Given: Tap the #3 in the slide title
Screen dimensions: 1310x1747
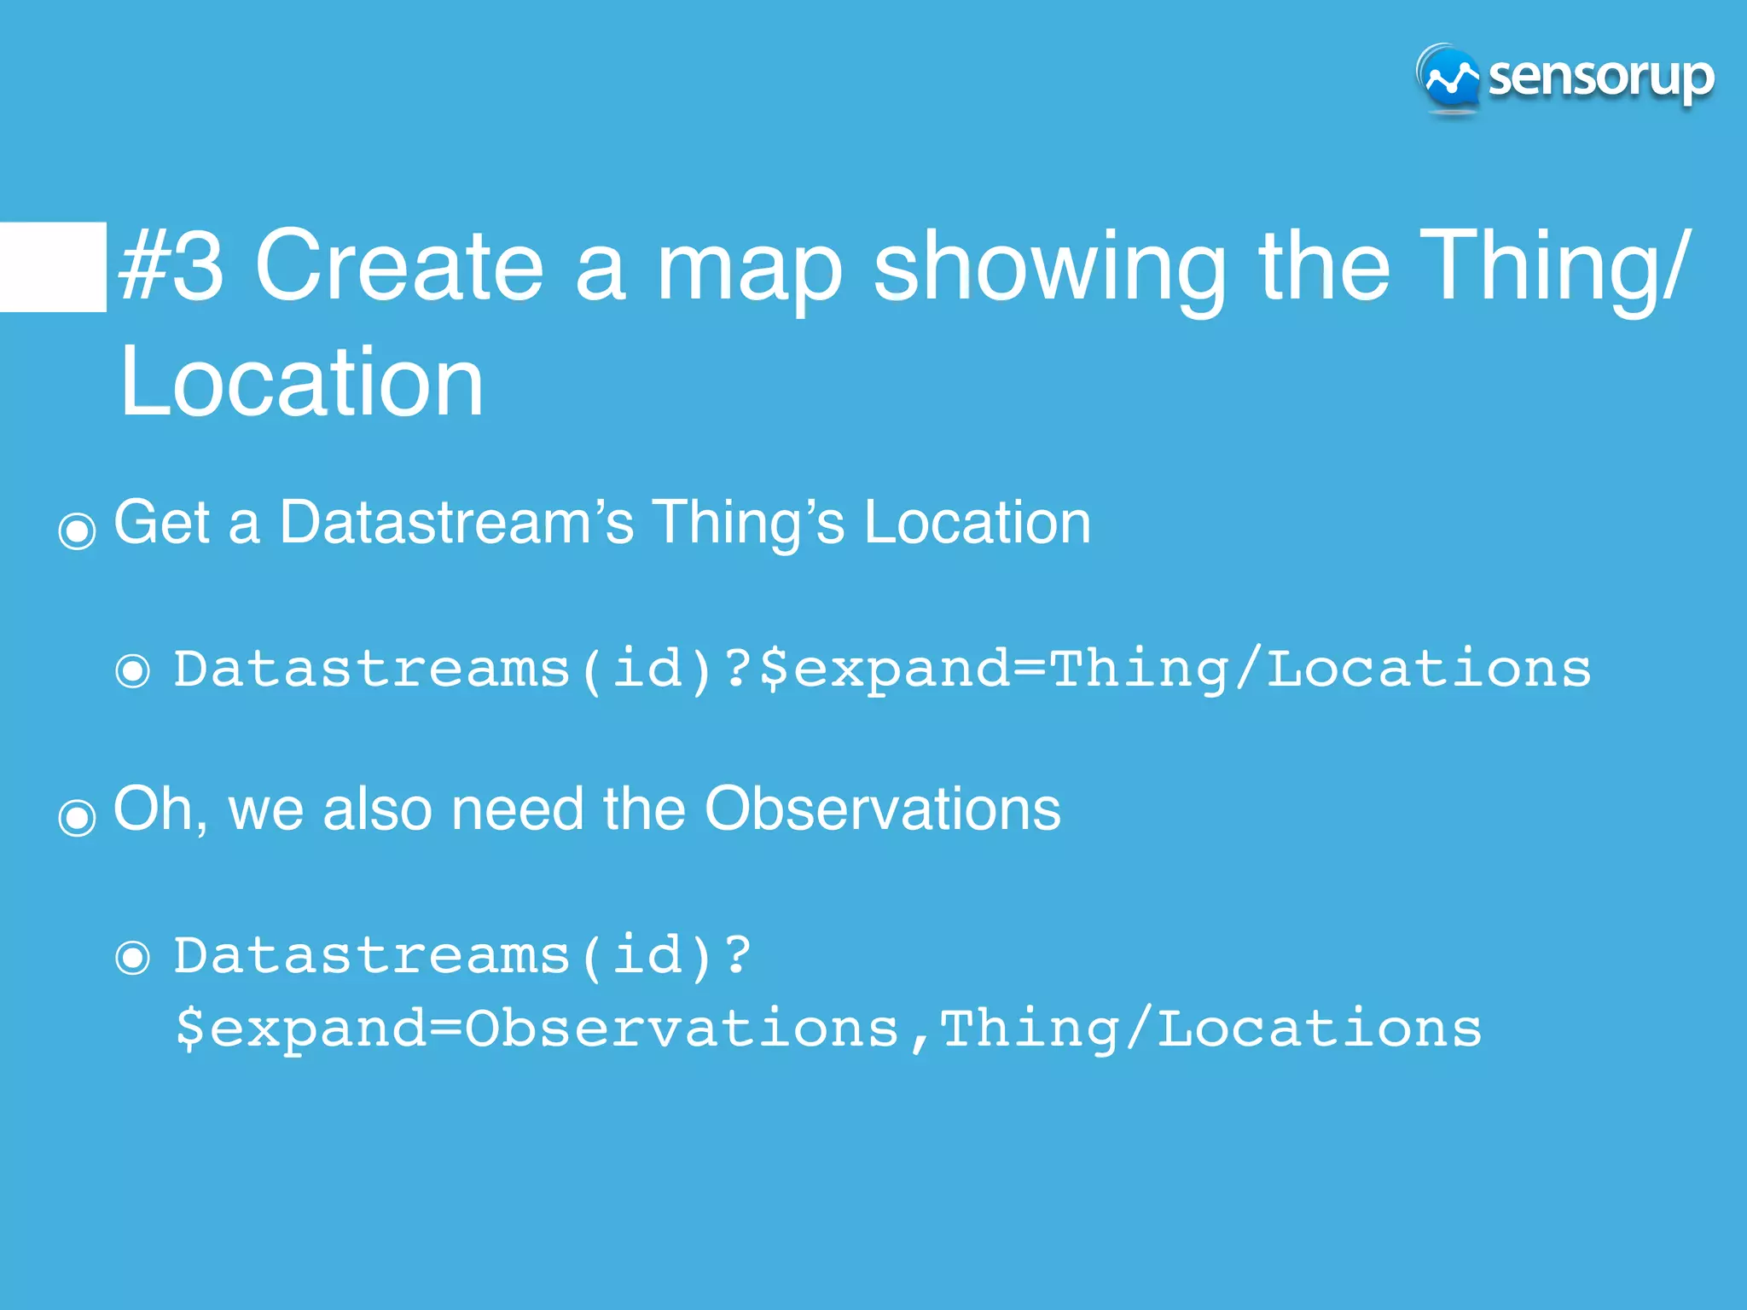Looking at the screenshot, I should (171, 266).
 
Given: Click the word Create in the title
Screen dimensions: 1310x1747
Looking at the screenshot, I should (399, 266).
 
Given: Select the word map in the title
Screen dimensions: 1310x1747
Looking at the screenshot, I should (749, 271).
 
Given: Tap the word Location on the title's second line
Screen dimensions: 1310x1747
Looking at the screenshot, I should (302, 383).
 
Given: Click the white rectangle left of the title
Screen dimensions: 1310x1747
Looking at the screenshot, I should (53, 267).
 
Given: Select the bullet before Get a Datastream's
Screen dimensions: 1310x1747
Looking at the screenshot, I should (77, 531).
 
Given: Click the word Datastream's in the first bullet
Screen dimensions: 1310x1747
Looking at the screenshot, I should (456, 522).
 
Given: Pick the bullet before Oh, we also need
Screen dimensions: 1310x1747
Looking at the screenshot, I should (77, 818).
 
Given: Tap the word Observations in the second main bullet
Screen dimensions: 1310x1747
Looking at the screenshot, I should (882, 809).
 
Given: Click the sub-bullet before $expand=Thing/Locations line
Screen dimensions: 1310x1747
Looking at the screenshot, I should (133, 670).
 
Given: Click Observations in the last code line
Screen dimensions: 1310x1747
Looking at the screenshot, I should (682, 1029).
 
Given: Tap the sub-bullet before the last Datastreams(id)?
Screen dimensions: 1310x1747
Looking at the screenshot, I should (133, 957).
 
